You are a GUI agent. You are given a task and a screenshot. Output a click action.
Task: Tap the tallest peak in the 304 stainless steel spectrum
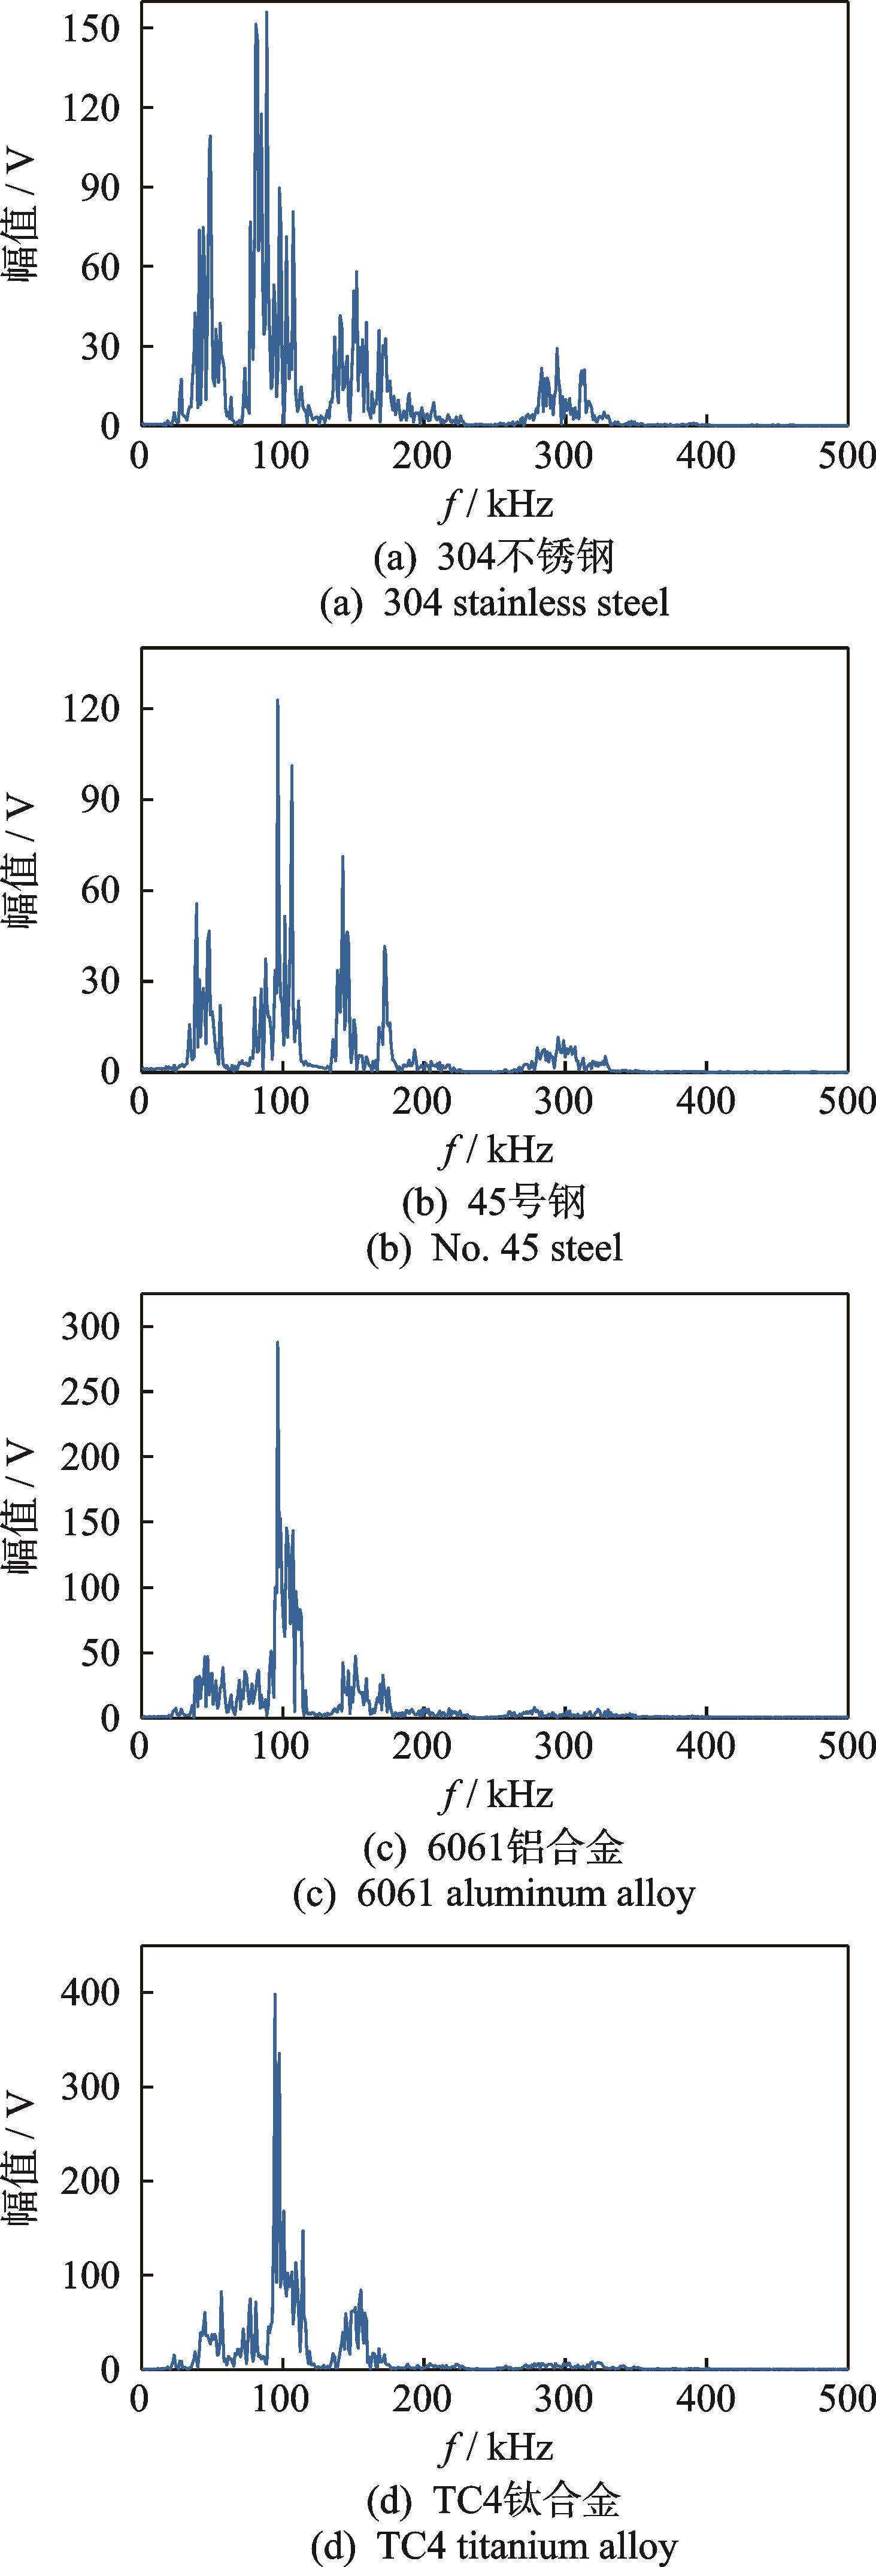(x=266, y=14)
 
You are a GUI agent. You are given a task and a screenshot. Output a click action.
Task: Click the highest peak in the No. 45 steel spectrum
(x=277, y=701)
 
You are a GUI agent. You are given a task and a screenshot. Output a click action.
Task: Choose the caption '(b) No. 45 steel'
(x=495, y=1248)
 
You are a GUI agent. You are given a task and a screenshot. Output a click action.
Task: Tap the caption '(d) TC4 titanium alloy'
(x=495, y=2546)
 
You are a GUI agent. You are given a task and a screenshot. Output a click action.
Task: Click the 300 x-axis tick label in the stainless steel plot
(x=564, y=456)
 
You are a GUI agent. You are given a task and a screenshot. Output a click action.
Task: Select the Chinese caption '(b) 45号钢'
(x=495, y=1202)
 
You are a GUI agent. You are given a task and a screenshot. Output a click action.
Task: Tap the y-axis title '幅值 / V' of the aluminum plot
(x=22, y=1507)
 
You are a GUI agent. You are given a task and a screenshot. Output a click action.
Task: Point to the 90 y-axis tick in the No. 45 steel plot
(x=99, y=800)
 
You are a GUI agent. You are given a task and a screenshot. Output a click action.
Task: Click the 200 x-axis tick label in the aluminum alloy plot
(x=423, y=1746)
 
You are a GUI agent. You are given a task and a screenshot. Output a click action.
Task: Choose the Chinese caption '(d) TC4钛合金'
(x=495, y=2500)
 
